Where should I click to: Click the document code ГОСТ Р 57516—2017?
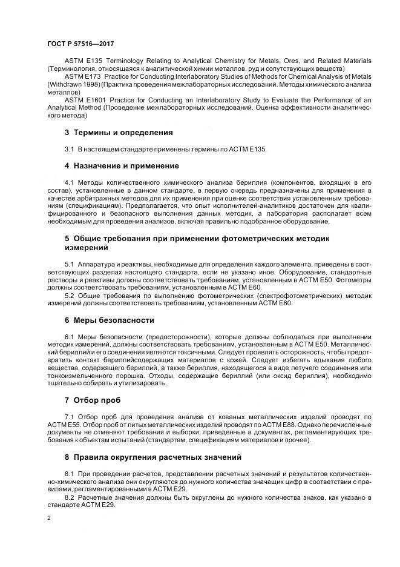(x=80, y=44)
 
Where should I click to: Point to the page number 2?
(x=49, y=519)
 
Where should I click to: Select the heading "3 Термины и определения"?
(x=119, y=132)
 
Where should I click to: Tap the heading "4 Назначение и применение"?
(x=122, y=165)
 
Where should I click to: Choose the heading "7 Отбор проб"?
(x=93, y=400)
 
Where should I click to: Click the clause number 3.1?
(x=69, y=148)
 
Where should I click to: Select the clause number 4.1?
(x=69, y=182)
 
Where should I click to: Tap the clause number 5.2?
(x=69, y=296)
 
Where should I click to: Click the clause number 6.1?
(x=69, y=336)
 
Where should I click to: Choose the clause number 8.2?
(x=69, y=497)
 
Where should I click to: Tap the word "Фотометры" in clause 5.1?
(x=353, y=281)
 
